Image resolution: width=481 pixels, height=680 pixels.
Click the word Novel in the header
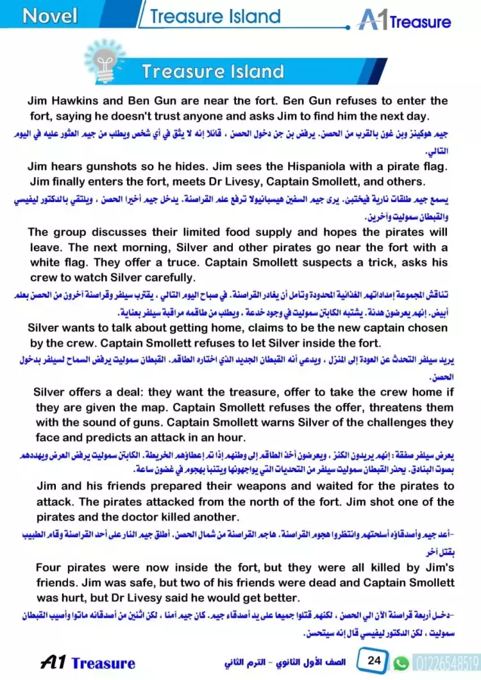pos(49,15)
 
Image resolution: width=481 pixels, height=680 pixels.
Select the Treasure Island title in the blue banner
pos(212,71)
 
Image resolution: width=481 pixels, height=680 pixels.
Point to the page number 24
pos(375,661)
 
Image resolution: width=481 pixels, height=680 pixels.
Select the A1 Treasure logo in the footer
pos(88,663)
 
